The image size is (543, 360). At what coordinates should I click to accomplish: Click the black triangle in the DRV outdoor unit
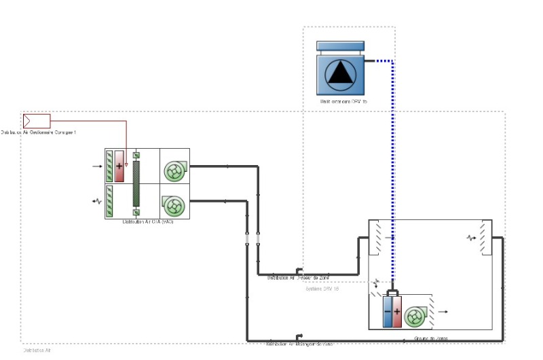339,73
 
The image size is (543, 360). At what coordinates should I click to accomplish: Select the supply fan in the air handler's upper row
174,170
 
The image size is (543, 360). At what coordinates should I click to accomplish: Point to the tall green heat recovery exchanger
136,183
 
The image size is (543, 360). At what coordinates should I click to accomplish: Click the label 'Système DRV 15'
322,289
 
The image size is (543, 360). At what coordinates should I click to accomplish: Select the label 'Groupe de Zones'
430,338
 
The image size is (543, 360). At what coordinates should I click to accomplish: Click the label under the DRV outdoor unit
343,102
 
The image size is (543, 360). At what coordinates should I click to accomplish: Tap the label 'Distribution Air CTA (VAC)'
147,222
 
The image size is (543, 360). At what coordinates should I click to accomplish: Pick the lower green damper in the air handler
109,202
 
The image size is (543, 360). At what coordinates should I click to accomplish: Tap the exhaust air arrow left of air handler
96,202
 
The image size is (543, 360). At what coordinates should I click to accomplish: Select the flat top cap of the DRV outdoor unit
340,46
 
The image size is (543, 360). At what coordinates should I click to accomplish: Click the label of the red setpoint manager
39,132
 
